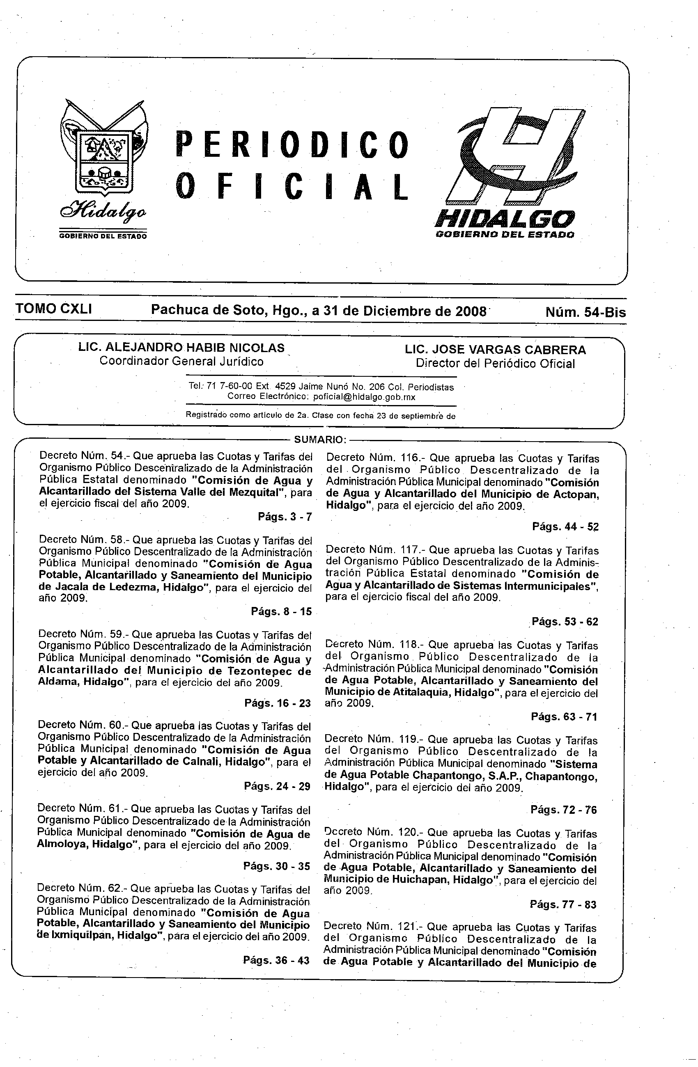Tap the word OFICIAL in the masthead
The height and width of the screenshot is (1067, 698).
pos(292,186)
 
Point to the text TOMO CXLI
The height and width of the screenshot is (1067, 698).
pos(54,309)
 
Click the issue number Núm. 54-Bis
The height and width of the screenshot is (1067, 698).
pos(585,312)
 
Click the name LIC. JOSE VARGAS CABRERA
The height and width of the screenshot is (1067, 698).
pos(495,350)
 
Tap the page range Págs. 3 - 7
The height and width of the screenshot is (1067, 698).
pos(285,517)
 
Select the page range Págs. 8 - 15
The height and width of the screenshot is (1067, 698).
pos(281,611)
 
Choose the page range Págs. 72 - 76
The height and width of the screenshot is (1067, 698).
pos(563,810)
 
